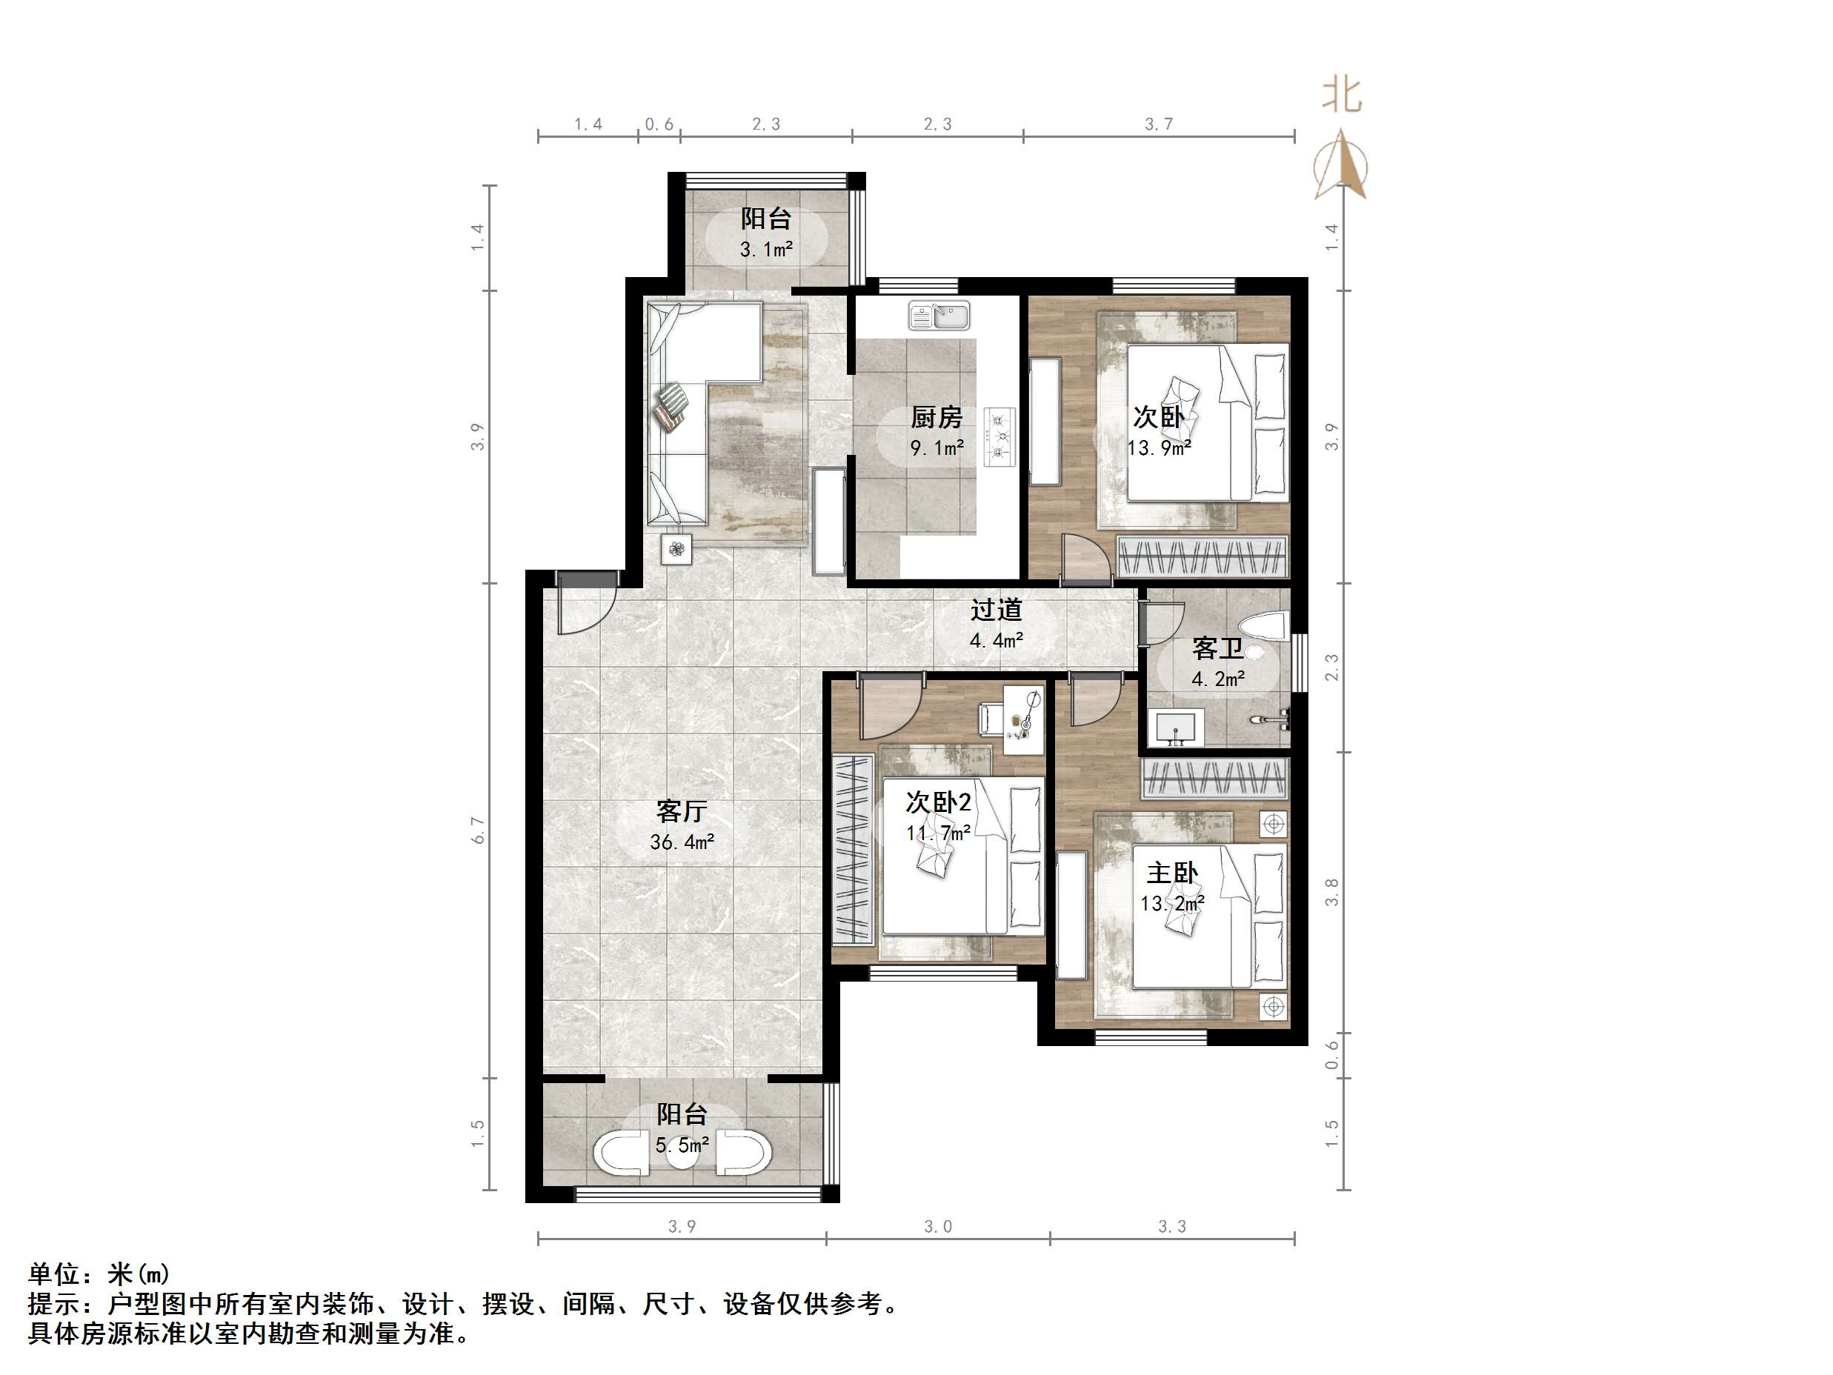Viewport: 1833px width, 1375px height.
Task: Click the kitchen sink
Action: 939,316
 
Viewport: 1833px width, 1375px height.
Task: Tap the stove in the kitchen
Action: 1000,436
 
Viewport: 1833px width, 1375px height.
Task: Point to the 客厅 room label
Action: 681,810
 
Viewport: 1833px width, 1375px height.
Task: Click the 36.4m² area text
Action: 681,843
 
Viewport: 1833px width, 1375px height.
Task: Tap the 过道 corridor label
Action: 996,610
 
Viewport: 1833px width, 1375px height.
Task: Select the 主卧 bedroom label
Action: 1171,873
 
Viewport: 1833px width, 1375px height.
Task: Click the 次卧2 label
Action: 938,802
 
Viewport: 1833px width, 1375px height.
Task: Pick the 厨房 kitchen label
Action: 937,417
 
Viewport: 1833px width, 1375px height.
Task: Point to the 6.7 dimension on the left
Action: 478,830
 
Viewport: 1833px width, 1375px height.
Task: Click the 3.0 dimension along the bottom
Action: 938,1227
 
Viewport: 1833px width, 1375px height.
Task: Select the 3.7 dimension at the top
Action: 1159,124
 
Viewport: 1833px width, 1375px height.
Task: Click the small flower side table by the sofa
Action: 677,549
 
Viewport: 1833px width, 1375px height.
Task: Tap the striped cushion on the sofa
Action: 671,406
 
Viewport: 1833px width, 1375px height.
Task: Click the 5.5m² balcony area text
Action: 681,1145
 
